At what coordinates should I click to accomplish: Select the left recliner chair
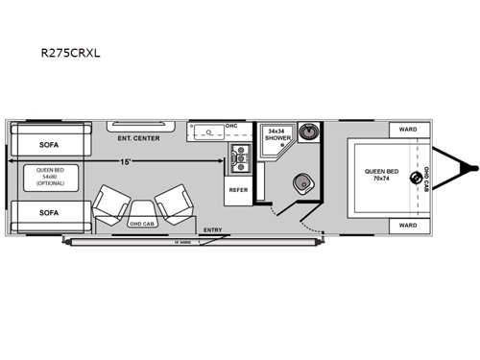click(x=110, y=202)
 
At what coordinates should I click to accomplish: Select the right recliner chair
click(x=173, y=202)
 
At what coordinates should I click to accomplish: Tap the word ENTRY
click(x=214, y=230)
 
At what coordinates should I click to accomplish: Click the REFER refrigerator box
click(x=238, y=190)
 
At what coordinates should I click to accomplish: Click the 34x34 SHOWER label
click(x=278, y=133)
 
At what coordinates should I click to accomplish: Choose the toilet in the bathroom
click(x=301, y=183)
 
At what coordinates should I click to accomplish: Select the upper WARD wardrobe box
click(x=407, y=130)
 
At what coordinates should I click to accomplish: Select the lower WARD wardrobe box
click(x=407, y=226)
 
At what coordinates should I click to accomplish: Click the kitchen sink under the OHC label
click(x=204, y=134)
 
